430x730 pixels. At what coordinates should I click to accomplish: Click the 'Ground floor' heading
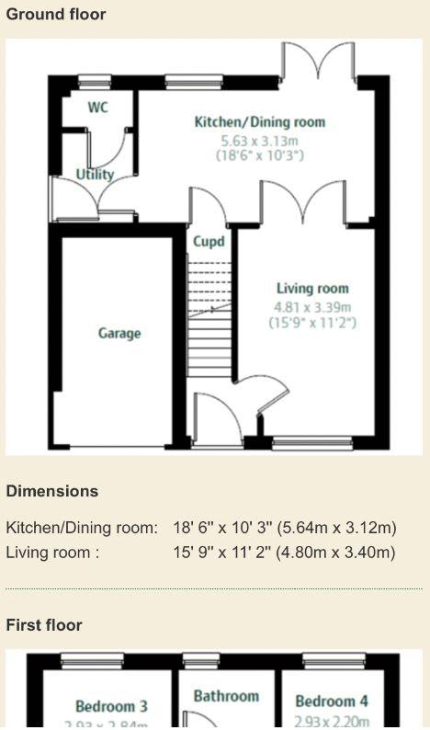coord(56,15)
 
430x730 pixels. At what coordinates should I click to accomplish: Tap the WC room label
coord(97,108)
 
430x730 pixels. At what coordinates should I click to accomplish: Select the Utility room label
coord(95,174)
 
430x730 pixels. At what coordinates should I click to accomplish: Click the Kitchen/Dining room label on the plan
coord(259,122)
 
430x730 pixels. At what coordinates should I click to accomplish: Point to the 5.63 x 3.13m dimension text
coord(259,141)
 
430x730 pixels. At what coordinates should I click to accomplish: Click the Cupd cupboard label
coord(209,242)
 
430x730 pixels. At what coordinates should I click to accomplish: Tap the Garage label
coord(119,333)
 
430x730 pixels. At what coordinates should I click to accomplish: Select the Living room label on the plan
coord(312,289)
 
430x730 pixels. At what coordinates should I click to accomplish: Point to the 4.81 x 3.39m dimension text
coord(312,306)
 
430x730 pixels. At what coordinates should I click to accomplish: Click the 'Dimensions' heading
coord(52,491)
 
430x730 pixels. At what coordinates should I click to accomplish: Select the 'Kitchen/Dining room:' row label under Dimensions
coord(82,528)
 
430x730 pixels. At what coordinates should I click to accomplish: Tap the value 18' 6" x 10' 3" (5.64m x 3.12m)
coord(285,528)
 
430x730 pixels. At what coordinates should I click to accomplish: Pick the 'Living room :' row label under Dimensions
coord(52,553)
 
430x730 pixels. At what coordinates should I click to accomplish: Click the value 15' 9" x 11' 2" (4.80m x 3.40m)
coord(284,553)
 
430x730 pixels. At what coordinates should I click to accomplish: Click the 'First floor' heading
coord(44,625)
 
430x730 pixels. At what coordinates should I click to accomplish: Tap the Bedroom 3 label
coord(111,706)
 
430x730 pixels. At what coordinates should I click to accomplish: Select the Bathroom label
coord(226,697)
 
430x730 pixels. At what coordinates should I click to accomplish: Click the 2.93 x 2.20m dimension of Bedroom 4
coord(332,722)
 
